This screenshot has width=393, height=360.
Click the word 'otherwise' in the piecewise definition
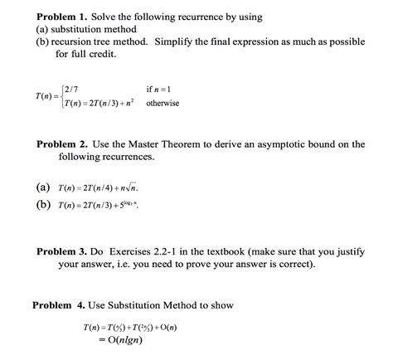163,104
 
